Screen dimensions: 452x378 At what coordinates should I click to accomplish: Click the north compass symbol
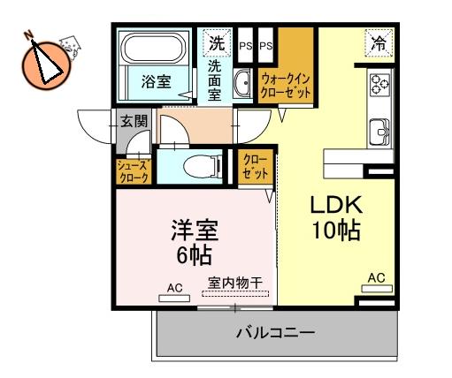coord(46,64)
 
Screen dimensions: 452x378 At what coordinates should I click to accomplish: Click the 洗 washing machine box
coord(217,43)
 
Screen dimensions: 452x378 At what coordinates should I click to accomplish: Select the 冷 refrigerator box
coord(379,43)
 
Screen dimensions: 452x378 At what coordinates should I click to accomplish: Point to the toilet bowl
coord(202,167)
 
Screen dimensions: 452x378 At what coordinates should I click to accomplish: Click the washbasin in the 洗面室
coord(242,84)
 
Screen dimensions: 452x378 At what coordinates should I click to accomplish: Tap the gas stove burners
coord(380,84)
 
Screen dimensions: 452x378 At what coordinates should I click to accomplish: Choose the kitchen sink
coord(379,132)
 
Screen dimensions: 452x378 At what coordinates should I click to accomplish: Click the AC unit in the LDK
coord(377,289)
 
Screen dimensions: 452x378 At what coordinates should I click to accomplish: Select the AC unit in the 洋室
coord(174,299)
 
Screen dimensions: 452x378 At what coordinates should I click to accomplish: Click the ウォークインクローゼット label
coord(286,86)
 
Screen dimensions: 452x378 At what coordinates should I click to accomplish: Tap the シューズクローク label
coord(133,172)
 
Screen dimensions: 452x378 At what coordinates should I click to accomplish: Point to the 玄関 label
coord(134,121)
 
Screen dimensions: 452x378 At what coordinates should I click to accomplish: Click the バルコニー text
coord(276,333)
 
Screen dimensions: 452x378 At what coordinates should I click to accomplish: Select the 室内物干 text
coord(235,283)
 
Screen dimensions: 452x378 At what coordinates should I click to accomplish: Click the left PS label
coord(245,46)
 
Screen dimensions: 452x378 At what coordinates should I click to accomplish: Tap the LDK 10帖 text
coord(336,218)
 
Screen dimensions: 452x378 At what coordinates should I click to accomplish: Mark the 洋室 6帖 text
coord(195,242)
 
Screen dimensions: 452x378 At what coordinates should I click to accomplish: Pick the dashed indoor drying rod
coord(235,293)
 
